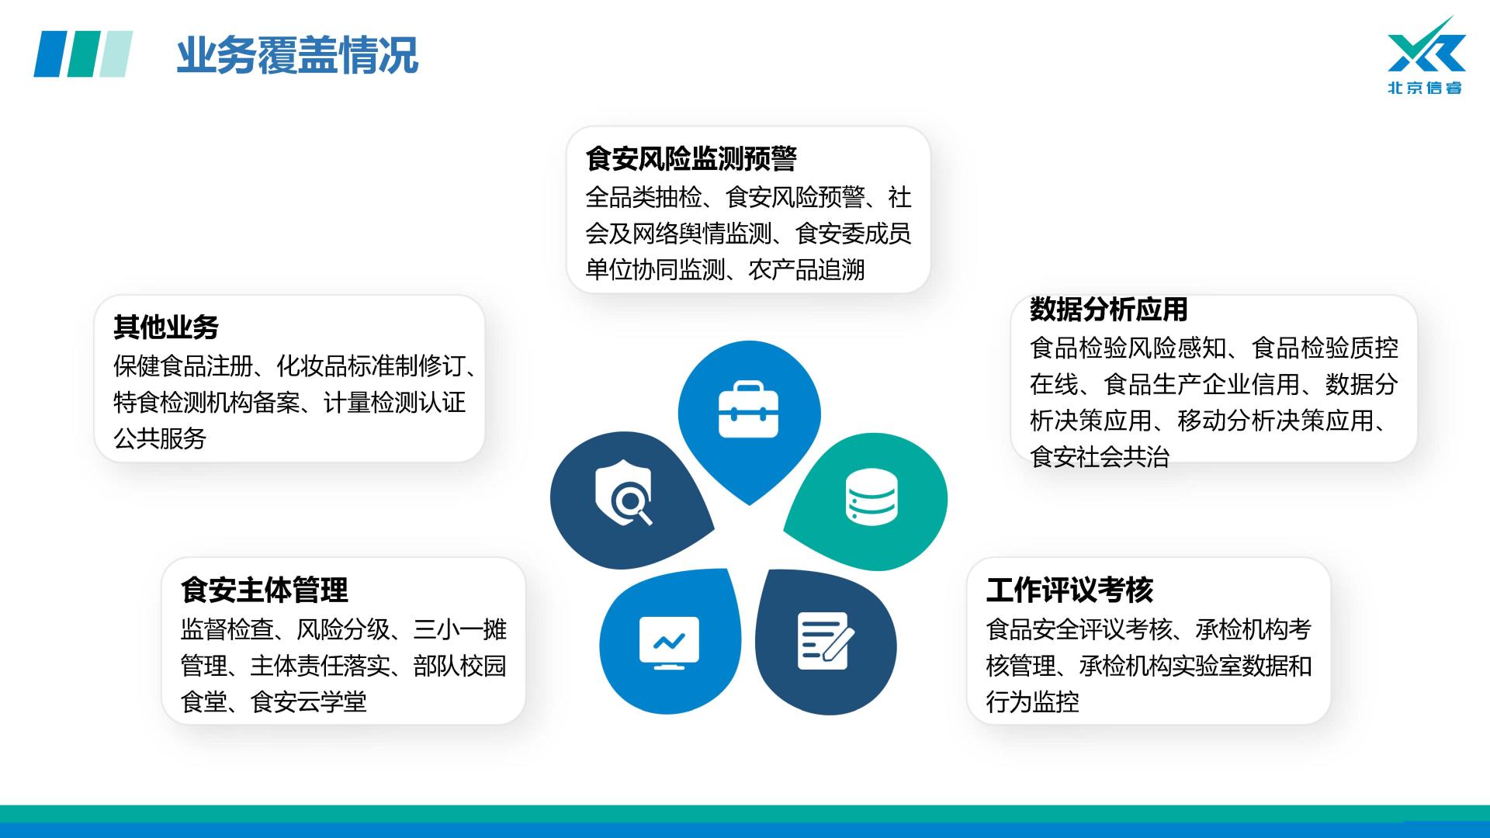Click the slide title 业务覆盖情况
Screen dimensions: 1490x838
tap(297, 55)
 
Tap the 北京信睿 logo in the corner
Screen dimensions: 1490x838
tap(1426, 56)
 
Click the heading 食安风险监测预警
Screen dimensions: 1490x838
tap(691, 158)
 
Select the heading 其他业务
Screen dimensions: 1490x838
tap(166, 327)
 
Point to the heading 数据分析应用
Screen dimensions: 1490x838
tap(1109, 309)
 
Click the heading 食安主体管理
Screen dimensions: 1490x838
tap(264, 590)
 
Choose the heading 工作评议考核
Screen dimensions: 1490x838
tap(1069, 590)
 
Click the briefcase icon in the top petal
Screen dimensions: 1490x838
tap(748, 409)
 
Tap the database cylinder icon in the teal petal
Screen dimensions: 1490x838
tap(871, 497)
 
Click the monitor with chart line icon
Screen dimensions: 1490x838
tap(669, 643)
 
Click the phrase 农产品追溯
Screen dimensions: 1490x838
tap(806, 270)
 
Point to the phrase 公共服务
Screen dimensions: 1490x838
tap(160, 438)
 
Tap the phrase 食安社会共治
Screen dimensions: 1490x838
tap(1100, 456)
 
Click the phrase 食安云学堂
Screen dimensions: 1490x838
tap(309, 701)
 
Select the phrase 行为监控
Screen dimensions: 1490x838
tap(1032, 701)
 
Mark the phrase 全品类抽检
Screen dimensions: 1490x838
tap(643, 197)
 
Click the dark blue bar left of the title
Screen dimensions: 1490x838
tap(51, 54)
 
